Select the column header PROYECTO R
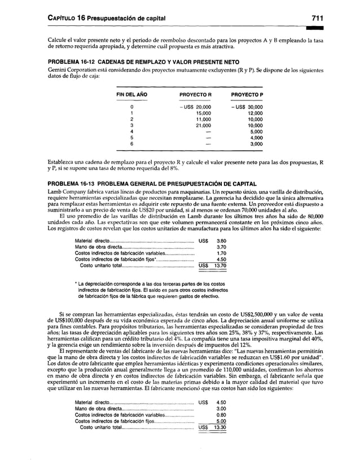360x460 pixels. point(195,94)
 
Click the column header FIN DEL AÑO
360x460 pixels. point(131,94)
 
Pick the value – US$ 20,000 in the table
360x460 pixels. point(195,107)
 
